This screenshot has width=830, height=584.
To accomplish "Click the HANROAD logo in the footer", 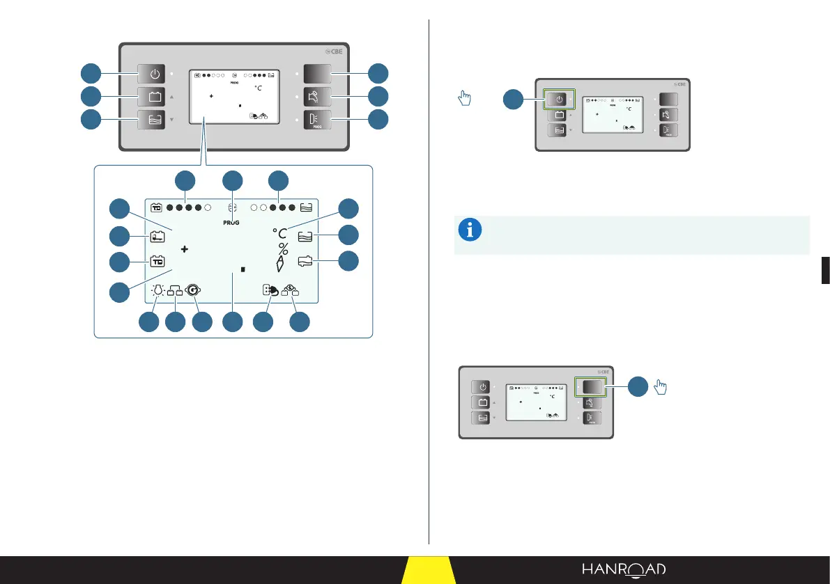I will point(624,569).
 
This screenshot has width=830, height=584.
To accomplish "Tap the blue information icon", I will point(470,230).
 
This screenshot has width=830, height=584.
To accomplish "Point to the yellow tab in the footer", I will point(428,571).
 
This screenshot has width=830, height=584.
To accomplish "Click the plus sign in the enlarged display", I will point(185,249).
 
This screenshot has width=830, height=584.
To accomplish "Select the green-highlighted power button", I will point(560,99).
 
